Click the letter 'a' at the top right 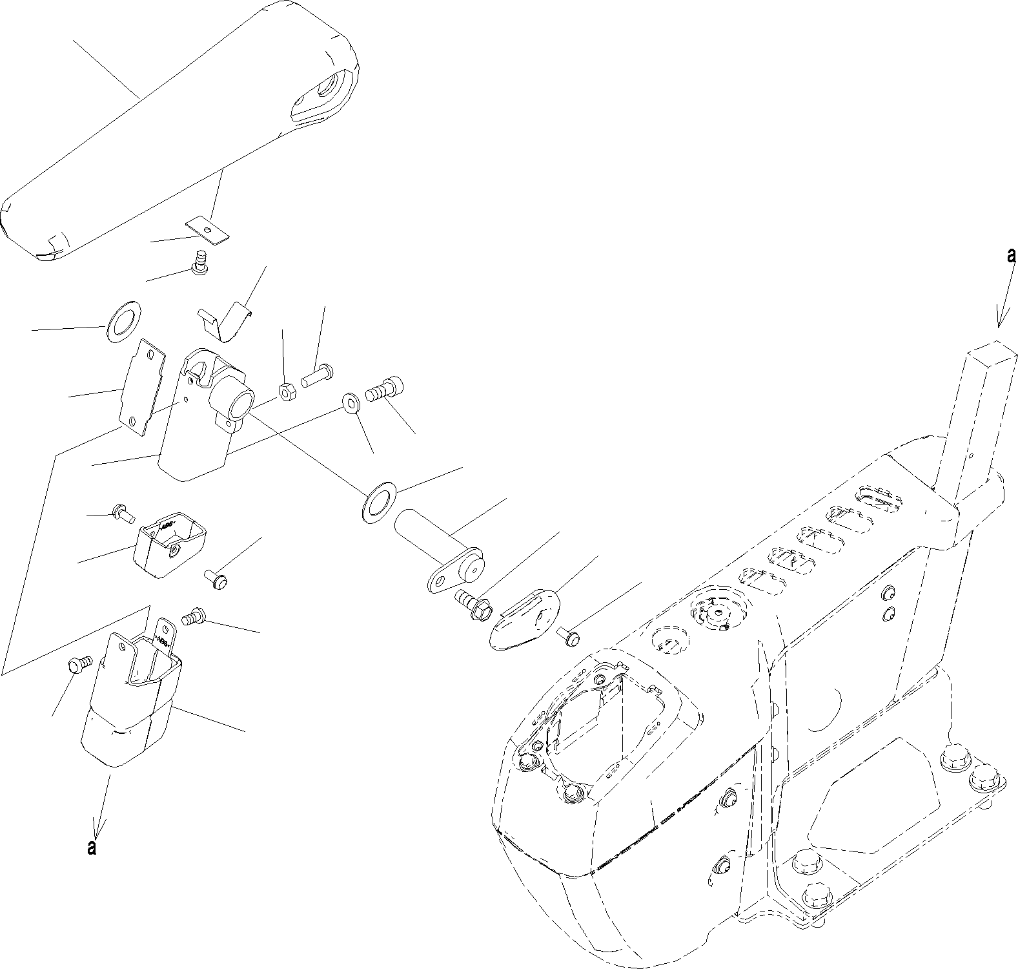click(1011, 256)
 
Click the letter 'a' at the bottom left click(92, 847)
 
